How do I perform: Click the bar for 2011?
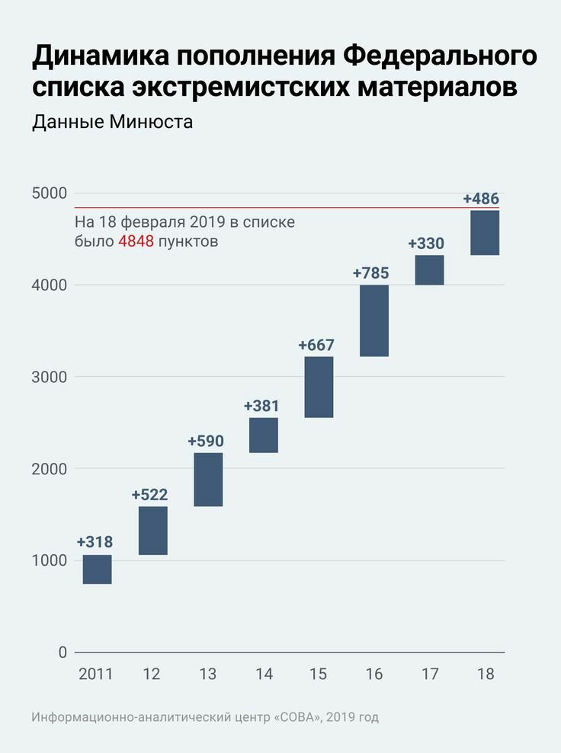click(x=97, y=570)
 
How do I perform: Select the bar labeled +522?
click(x=153, y=531)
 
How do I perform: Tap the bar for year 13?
click(x=208, y=480)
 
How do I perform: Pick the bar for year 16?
click(x=374, y=321)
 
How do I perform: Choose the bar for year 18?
click(x=485, y=233)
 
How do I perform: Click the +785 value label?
click(x=371, y=273)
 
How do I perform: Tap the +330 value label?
click(x=426, y=244)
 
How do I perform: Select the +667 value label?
click(x=316, y=345)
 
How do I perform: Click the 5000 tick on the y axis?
click(x=49, y=193)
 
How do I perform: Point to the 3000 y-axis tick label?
click(x=49, y=377)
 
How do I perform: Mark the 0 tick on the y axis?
click(x=63, y=652)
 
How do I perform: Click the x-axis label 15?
click(x=319, y=675)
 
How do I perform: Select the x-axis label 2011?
click(x=95, y=675)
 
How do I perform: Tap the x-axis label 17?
click(x=429, y=675)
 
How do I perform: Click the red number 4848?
click(x=136, y=242)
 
